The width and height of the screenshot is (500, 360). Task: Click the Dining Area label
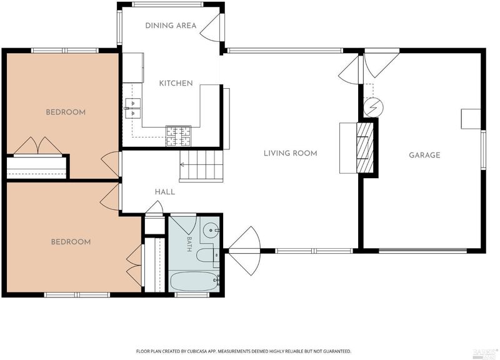point(171,26)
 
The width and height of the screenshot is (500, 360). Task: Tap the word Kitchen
point(176,83)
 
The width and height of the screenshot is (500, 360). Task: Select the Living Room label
point(290,153)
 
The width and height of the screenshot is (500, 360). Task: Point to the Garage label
point(424,155)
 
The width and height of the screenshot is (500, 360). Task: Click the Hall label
point(165,192)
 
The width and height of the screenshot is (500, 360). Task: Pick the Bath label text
point(189,244)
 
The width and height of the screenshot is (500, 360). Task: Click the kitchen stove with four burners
point(178,136)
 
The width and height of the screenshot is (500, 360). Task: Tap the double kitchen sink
point(133,108)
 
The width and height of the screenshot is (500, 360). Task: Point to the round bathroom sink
point(211,229)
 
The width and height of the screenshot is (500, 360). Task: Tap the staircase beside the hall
point(201,165)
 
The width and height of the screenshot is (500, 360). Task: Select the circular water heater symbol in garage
point(373,107)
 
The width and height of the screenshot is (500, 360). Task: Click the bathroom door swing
point(182,226)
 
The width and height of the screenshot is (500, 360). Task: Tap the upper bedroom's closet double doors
point(38,146)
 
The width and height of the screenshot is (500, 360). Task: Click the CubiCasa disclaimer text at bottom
point(244,351)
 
